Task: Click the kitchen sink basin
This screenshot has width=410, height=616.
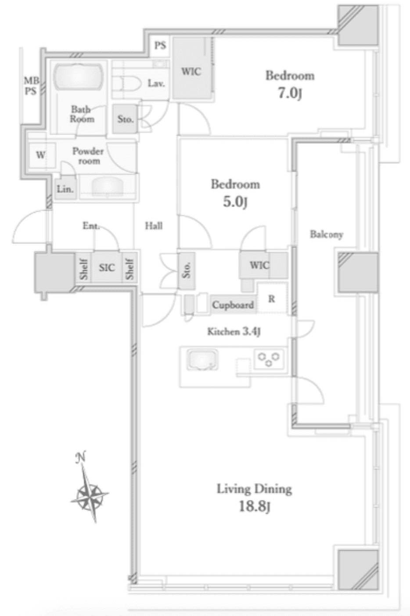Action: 202,359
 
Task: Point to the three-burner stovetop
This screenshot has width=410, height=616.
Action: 269,358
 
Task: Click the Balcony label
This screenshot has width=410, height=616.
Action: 326,234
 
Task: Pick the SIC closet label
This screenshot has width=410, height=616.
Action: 107,267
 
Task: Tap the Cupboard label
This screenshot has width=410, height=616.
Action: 233,304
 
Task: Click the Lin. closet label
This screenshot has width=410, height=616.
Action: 65,189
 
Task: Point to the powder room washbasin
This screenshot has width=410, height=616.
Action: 107,186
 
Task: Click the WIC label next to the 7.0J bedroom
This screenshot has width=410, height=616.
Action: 191,72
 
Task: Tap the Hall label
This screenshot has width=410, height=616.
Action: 154,226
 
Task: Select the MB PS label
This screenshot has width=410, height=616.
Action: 31,86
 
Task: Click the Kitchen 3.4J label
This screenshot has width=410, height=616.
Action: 234,332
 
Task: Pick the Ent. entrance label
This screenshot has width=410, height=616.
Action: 91,226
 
